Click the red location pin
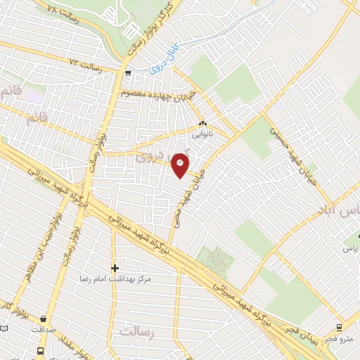(x=181, y=165)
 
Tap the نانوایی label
(x=203, y=131)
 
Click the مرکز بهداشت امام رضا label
(x=115, y=278)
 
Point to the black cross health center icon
(x=115, y=268)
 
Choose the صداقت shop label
(x=44, y=328)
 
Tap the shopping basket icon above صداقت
(x=44, y=319)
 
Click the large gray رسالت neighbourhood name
(x=136, y=330)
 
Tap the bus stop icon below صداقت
(x=41, y=350)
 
